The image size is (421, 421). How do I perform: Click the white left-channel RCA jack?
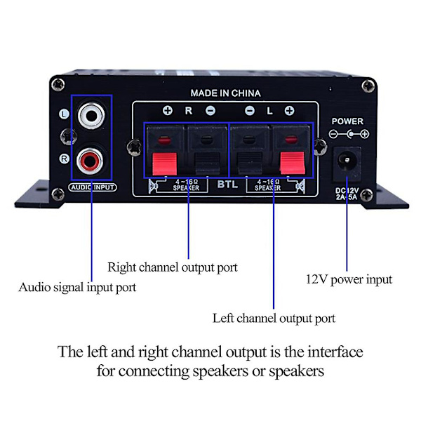click(x=91, y=116)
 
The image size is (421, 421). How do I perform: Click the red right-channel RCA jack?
click(x=90, y=161)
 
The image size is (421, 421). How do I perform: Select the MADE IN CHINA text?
click(x=225, y=93)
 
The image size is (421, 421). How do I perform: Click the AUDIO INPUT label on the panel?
click(x=93, y=187)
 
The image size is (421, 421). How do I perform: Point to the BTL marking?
click(x=227, y=184)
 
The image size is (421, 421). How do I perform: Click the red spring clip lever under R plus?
click(x=165, y=164)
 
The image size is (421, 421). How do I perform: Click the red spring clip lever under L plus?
click(x=293, y=163)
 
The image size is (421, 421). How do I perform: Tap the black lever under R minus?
click(x=207, y=163)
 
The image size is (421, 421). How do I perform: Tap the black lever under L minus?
click(x=250, y=163)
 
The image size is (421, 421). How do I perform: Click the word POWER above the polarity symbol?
click(x=347, y=121)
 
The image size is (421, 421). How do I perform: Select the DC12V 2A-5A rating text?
click(x=347, y=194)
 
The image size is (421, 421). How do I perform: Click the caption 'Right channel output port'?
click(x=173, y=267)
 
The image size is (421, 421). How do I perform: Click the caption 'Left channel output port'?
click(x=274, y=319)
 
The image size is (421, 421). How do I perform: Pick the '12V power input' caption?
click(x=349, y=279)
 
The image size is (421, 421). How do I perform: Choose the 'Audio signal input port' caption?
click(x=77, y=288)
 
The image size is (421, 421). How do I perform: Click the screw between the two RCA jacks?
click(x=67, y=137)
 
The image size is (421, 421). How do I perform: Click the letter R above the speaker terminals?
click(x=189, y=110)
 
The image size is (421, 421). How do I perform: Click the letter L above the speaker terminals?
click(x=269, y=111)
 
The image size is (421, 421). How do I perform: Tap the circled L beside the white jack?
click(x=64, y=114)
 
